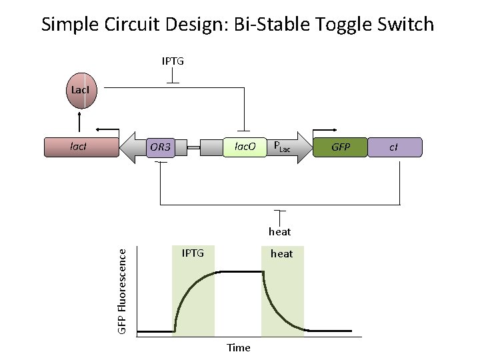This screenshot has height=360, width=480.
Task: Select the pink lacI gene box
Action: pos(81,147)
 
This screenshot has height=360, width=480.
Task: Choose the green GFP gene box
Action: pos(341,147)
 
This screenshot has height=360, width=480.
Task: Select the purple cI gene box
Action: pos(395,147)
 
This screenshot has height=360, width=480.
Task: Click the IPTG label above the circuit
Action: pos(173,61)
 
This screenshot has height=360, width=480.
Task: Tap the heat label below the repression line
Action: pos(280,231)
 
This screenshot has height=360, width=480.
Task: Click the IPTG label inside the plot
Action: pos(193,253)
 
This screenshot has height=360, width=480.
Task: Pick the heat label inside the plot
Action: pos(282,253)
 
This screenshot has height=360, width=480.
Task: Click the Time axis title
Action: pos(238,347)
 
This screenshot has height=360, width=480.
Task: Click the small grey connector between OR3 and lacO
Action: pos(193,147)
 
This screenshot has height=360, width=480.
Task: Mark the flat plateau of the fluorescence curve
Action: pos(241,271)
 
